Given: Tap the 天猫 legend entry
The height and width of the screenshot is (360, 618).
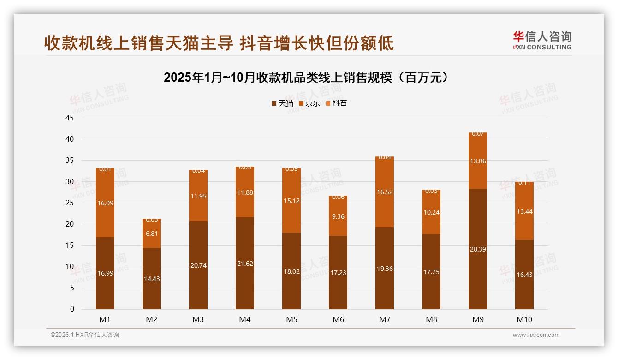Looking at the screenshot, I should [282, 103].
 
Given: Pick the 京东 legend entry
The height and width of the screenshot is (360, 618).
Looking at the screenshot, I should [309, 103].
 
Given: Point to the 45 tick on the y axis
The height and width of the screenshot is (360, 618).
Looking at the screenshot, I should [70, 118].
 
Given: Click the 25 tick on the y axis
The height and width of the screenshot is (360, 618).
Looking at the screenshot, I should [70, 203].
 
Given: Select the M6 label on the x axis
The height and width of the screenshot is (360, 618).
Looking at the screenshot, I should [338, 319].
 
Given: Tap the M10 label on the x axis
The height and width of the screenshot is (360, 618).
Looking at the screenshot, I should [524, 319].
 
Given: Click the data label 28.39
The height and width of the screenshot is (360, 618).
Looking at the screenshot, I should [477, 249].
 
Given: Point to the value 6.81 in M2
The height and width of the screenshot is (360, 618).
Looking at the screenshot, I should [152, 234].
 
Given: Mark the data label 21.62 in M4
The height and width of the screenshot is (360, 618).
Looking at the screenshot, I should [245, 264].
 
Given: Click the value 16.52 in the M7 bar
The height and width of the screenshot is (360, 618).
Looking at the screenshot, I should [385, 192].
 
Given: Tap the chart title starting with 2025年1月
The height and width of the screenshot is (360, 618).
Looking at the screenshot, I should [306, 78].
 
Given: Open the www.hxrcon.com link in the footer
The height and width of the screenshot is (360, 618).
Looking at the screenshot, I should [536, 335].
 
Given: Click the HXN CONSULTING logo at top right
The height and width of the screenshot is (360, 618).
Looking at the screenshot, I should [542, 40].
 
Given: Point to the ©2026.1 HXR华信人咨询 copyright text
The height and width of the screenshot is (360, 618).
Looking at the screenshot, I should [84, 335].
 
